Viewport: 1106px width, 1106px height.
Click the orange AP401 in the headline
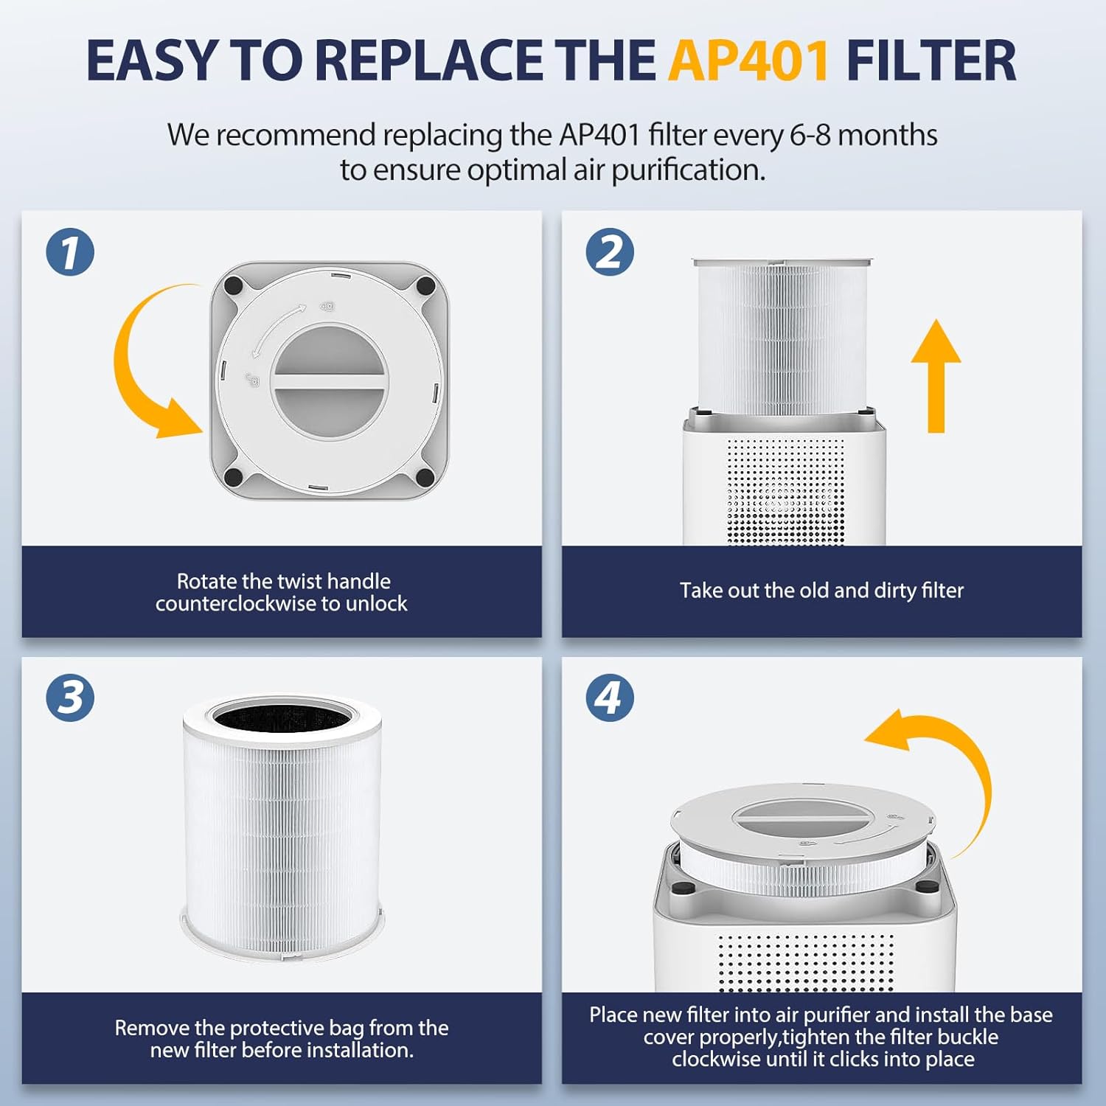(x=749, y=60)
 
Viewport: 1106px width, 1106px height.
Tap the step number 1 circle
(x=70, y=252)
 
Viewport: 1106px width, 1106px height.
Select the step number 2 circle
(x=610, y=252)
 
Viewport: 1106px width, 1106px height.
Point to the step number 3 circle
(x=70, y=698)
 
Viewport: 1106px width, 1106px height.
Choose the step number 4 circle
(x=610, y=698)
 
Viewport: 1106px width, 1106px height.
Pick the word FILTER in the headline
(x=931, y=60)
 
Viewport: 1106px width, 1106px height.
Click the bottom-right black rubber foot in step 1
(x=425, y=476)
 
